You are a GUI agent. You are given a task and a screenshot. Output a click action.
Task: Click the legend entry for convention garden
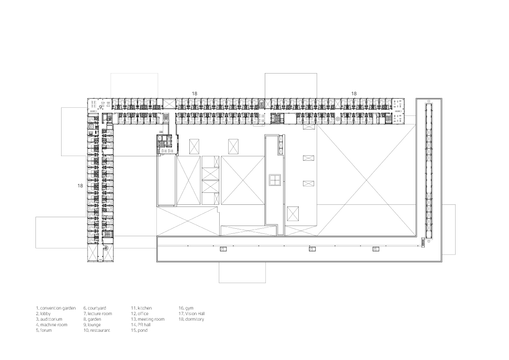click(56, 308)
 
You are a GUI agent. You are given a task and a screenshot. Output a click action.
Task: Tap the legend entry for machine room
click(52, 325)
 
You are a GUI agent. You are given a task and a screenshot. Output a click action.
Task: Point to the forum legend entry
click(44, 330)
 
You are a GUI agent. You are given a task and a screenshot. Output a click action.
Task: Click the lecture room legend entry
click(97, 313)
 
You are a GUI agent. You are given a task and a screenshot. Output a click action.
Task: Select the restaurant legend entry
click(97, 330)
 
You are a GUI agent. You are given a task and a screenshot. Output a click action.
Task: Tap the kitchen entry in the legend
click(141, 308)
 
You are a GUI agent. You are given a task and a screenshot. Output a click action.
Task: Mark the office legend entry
click(140, 313)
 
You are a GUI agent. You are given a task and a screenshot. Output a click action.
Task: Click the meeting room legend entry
click(147, 319)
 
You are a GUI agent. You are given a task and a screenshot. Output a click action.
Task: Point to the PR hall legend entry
click(141, 325)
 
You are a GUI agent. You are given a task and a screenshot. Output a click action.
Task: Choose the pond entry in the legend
click(139, 330)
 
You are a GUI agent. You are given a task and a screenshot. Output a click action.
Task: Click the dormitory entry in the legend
click(191, 319)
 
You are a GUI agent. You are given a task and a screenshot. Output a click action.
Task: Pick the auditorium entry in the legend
click(49, 319)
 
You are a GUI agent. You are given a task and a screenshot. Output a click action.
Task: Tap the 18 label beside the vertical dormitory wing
click(80, 186)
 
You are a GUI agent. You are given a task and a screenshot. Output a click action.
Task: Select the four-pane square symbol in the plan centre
click(274, 180)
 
